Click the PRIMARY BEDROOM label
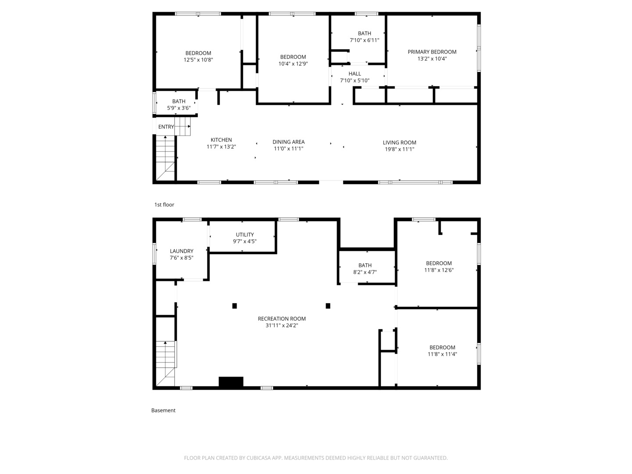coord(431,52)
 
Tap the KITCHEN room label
coord(221,140)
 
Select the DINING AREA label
coord(288,142)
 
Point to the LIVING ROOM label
coord(399,143)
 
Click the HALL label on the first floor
coord(355,74)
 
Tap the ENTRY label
coord(166,127)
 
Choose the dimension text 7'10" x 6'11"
coord(364,40)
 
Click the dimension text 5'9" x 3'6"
coord(179,108)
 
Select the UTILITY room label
coord(245,234)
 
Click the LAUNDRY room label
coord(181,251)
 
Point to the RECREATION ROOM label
coord(282,319)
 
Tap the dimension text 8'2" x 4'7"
coord(365,272)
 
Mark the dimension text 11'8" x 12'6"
coord(438,270)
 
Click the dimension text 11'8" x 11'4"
coord(442,354)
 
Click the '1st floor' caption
coord(164,205)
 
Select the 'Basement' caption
coord(163,410)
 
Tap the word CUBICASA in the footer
coord(259,458)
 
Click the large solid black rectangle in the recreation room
coord(231,381)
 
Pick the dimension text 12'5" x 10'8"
coord(198,60)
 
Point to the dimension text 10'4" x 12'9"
coord(293,64)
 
